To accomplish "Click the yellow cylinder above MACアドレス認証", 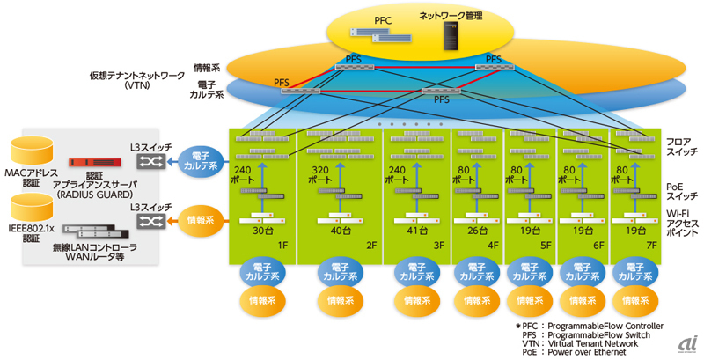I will click(x=34, y=151).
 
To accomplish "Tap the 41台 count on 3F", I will click(x=397, y=231).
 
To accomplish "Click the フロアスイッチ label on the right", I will click(x=678, y=146).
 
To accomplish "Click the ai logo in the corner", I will click(x=688, y=344).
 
